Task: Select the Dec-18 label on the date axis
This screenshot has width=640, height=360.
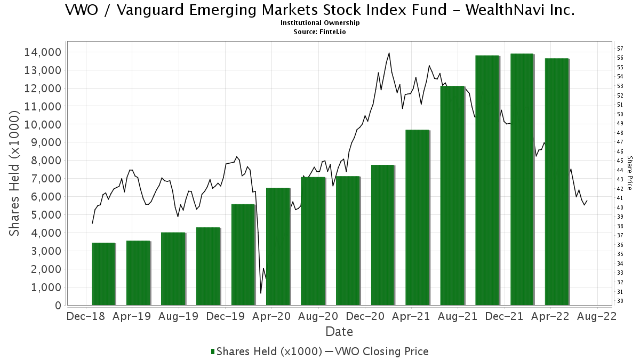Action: click(86, 316)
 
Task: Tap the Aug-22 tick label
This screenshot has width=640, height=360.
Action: click(597, 316)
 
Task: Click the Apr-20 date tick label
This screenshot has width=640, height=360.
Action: click(271, 316)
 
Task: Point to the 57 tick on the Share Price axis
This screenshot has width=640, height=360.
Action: click(619, 48)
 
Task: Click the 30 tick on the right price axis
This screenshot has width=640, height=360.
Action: click(619, 301)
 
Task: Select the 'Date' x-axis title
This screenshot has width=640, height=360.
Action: click(339, 332)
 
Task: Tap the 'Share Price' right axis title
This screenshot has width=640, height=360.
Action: click(629, 173)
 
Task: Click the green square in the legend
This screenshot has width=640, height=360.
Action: click(213, 351)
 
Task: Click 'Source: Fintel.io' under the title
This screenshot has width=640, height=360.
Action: click(320, 31)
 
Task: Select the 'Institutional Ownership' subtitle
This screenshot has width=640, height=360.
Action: click(320, 23)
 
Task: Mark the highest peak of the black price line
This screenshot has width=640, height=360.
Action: click(389, 53)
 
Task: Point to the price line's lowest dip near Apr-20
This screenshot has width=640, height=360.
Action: click(261, 293)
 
